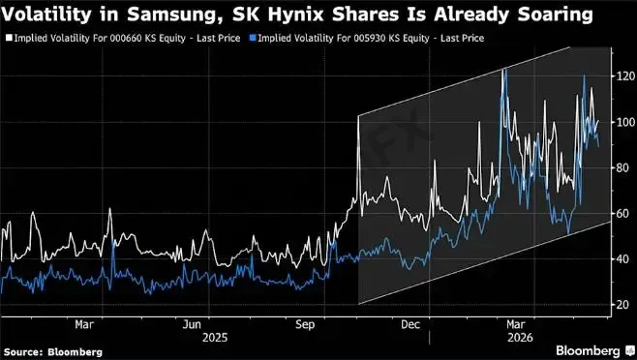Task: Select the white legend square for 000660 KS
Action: pos(9,38)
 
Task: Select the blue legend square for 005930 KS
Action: pos(253,38)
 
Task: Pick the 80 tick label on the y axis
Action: pos(623,167)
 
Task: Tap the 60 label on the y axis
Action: pos(623,213)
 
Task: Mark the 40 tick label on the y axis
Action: pos(623,258)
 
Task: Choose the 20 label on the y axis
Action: pos(623,305)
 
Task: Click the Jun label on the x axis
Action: pos(192,324)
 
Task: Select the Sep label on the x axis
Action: pos(305,324)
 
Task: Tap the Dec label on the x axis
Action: pos(410,324)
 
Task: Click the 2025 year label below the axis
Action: pos(215,338)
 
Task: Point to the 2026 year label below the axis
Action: pos(521,338)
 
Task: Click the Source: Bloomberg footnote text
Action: pos(53,352)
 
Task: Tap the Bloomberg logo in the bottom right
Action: pos(593,350)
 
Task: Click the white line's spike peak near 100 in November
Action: pos(358,117)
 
